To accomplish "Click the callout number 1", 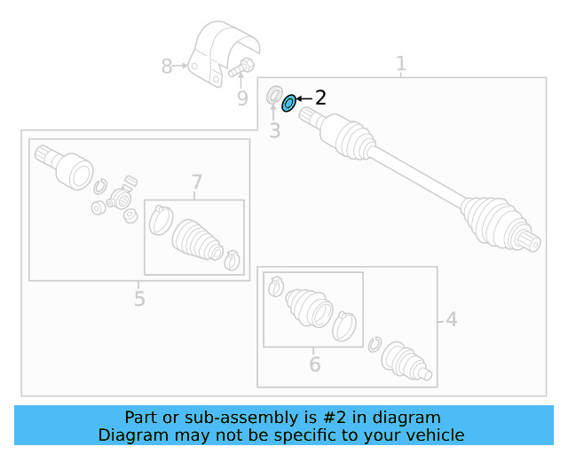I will coord(401,64).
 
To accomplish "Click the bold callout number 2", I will coord(320,98).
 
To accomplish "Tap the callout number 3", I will coord(274,131).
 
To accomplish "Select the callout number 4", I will coord(452,318).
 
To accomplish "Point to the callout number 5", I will coord(139,299).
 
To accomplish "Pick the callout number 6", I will coord(314,364).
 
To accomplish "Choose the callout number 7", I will coord(197,183).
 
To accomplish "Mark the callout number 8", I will coord(167,66).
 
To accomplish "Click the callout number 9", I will coord(242,98).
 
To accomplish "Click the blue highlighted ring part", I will coord(288,104).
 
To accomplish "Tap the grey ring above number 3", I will coord(274,95).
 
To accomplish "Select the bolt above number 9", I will coord(241,67).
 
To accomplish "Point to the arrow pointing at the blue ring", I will coord(304,98).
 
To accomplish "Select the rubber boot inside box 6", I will coord(309,306).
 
